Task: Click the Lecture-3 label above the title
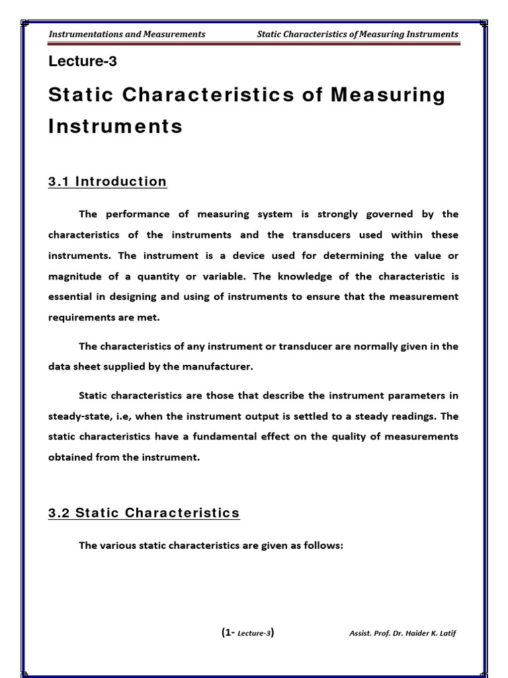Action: [83, 62]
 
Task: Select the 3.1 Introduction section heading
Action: [107, 181]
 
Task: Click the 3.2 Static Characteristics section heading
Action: [144, 512]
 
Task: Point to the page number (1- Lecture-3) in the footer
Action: [247, 632]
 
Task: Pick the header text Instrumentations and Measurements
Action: [127, 34]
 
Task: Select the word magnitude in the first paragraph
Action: [73, 275]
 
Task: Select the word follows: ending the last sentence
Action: [322, 545]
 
